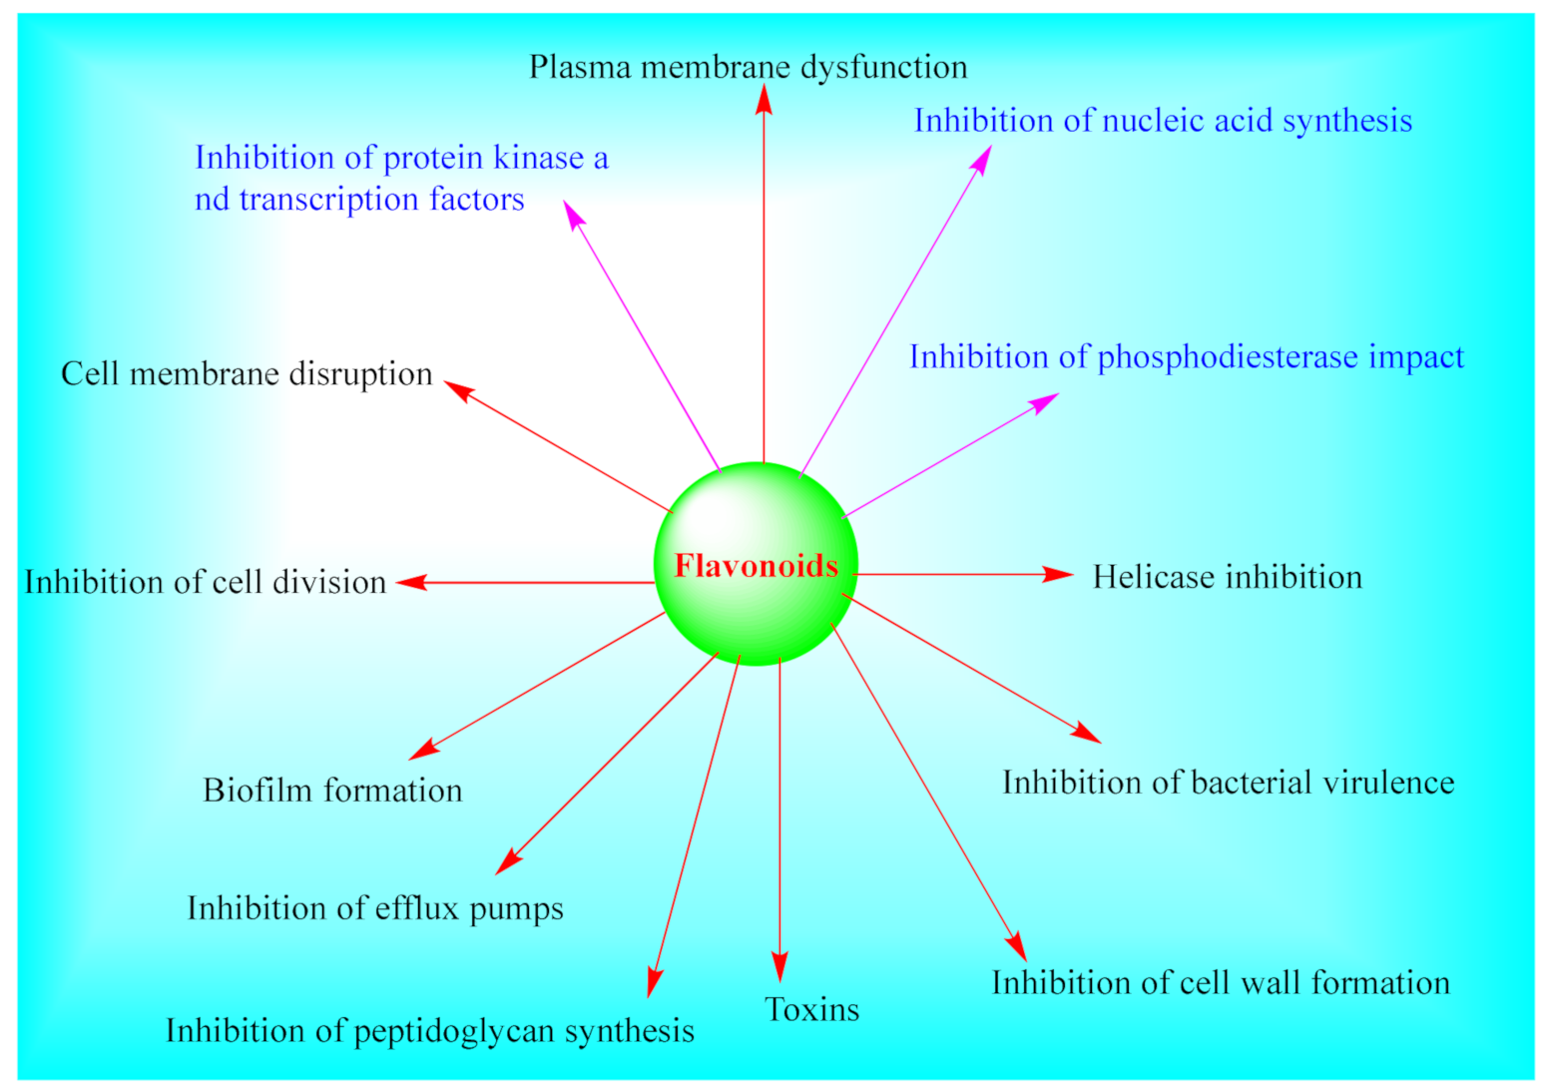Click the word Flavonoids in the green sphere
756,566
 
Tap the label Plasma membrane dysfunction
748,67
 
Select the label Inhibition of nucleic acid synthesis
1163,121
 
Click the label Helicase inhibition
1227,577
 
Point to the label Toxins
811,1010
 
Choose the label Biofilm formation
332,791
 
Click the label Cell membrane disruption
247,373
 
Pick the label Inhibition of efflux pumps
375,908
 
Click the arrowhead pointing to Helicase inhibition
1060,575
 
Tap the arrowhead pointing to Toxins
779,968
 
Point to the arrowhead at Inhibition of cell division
410,583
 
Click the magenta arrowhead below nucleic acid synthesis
983,159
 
